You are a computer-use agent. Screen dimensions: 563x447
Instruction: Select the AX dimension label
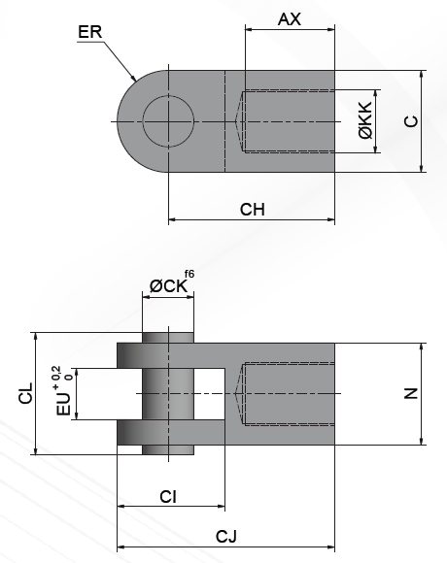(290, 18)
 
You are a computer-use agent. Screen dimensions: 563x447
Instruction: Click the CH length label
(253, 209)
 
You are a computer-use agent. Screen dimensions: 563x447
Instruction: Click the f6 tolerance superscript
(189, 276)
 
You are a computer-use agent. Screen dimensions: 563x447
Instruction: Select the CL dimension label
(26, 393)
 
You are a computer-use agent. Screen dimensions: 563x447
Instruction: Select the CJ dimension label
(226, 537)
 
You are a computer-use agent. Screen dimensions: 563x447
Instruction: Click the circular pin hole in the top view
(168, 121)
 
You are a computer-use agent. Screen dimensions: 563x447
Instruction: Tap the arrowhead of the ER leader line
(133, 80)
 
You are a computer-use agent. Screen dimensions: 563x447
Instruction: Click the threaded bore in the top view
(287, 121)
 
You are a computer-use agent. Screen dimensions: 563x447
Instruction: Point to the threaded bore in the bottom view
(287, 393)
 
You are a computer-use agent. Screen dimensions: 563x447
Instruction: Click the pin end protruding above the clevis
(168, 337)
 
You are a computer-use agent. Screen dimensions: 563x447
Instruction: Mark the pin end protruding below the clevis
(168, 449)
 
